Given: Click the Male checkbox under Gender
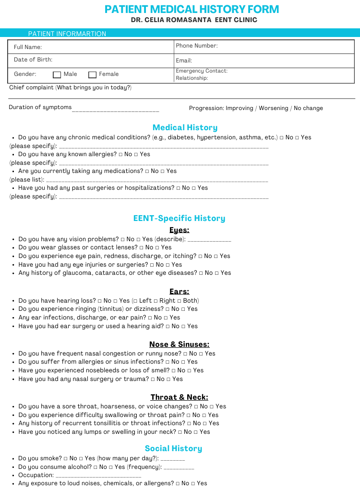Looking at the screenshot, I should click(x=57, y=74).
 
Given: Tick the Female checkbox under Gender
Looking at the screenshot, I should click(x=93, y=74).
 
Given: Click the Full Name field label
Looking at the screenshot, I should click(x=28, y=47).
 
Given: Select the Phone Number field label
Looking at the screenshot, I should click(x=197, y=46).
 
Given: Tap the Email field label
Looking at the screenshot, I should click(x=184, y=61).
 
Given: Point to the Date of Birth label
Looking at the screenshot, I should click(x=33, y=60).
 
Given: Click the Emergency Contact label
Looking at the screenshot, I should click(x=202, y=71).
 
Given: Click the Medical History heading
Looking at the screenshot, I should click(x=185, y=127).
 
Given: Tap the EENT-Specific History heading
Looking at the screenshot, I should click(x=179, y=218).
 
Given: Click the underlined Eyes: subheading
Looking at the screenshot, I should click(x=179, y=230).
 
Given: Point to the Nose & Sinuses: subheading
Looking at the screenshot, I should click(x=179, y=344).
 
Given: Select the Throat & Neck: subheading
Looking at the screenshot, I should click(x=179, y=397).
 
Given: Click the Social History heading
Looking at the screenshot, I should click(x=173, y=448).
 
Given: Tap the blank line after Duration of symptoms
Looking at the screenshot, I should click(x=115, y=110).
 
